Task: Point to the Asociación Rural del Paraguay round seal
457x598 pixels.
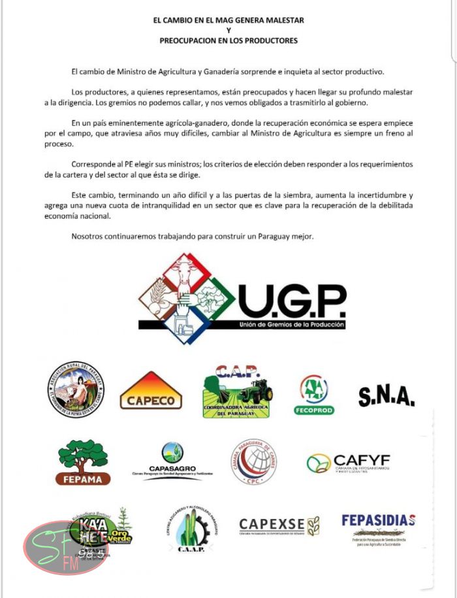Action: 76,390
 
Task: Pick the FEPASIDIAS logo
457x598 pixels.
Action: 379,528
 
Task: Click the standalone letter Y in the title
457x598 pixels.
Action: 228,30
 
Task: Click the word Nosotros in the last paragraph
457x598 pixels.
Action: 89,235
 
